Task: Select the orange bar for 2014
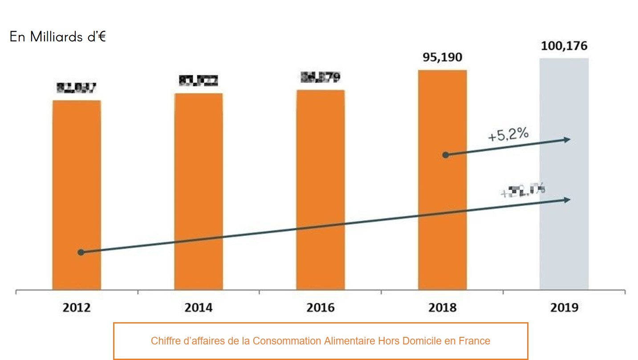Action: tap(199, 191)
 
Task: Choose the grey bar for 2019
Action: tap(564, 174)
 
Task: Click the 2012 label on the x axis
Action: tap(77, 307)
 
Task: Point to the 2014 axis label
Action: tap(199, 307)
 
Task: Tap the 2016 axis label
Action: tap(321, 307)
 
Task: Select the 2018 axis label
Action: tap(442, 307)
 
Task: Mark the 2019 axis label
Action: tap(564, 307)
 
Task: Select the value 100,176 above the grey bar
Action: tap(564, 46)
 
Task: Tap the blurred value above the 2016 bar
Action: tap(321, 77)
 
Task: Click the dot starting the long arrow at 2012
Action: tap(81, 252)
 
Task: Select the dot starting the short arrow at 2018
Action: tap(445, 155)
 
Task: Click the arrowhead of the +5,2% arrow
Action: tap(567, 140)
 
